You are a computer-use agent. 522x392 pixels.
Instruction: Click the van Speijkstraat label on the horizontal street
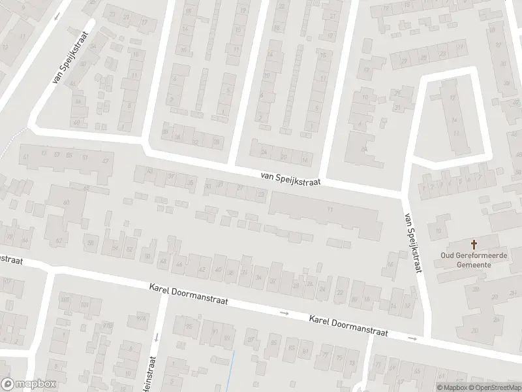tap(290, 178)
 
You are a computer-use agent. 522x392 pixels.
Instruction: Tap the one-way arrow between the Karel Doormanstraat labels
tap(284, 314)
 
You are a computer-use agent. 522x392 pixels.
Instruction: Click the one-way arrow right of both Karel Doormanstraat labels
tap(412, 338)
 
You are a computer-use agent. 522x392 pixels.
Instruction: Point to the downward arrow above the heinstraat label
tap(157, 337)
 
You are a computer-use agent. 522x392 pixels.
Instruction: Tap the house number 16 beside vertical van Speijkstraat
tap(391, 264)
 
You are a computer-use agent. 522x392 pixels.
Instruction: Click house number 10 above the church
tap(438, 231)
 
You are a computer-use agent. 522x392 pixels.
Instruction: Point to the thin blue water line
tap(233, 369)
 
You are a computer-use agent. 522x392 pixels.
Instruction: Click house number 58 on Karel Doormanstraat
tap(91, 244)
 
